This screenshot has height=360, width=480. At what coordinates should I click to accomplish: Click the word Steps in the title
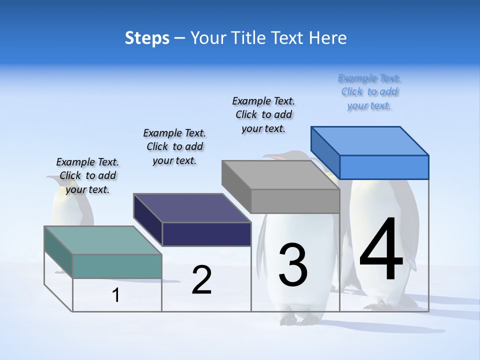tap(147, 38)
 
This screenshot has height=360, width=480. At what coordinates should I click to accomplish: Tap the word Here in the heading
tap(328, 38)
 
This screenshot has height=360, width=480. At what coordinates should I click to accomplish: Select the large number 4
tap(381, 250)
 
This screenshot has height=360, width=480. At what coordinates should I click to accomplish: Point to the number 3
tap(293, 265)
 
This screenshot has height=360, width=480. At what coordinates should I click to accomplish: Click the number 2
tap(201, 280)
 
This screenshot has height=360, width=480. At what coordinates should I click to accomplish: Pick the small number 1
tap(116, 295)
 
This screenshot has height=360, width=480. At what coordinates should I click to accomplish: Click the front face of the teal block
tap(117, 266)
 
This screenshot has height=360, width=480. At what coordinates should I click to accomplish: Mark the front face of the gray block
tap(295, 201)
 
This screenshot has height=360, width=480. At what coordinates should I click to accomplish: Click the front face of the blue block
tap(384, 167)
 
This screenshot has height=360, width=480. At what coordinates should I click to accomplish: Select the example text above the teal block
tap(87, 175)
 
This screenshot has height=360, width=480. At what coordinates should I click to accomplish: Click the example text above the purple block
tap(174, 146)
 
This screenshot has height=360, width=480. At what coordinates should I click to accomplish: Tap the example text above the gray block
tap(263, 114)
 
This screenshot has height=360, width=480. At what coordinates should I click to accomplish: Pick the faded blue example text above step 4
tap(369, 92)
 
